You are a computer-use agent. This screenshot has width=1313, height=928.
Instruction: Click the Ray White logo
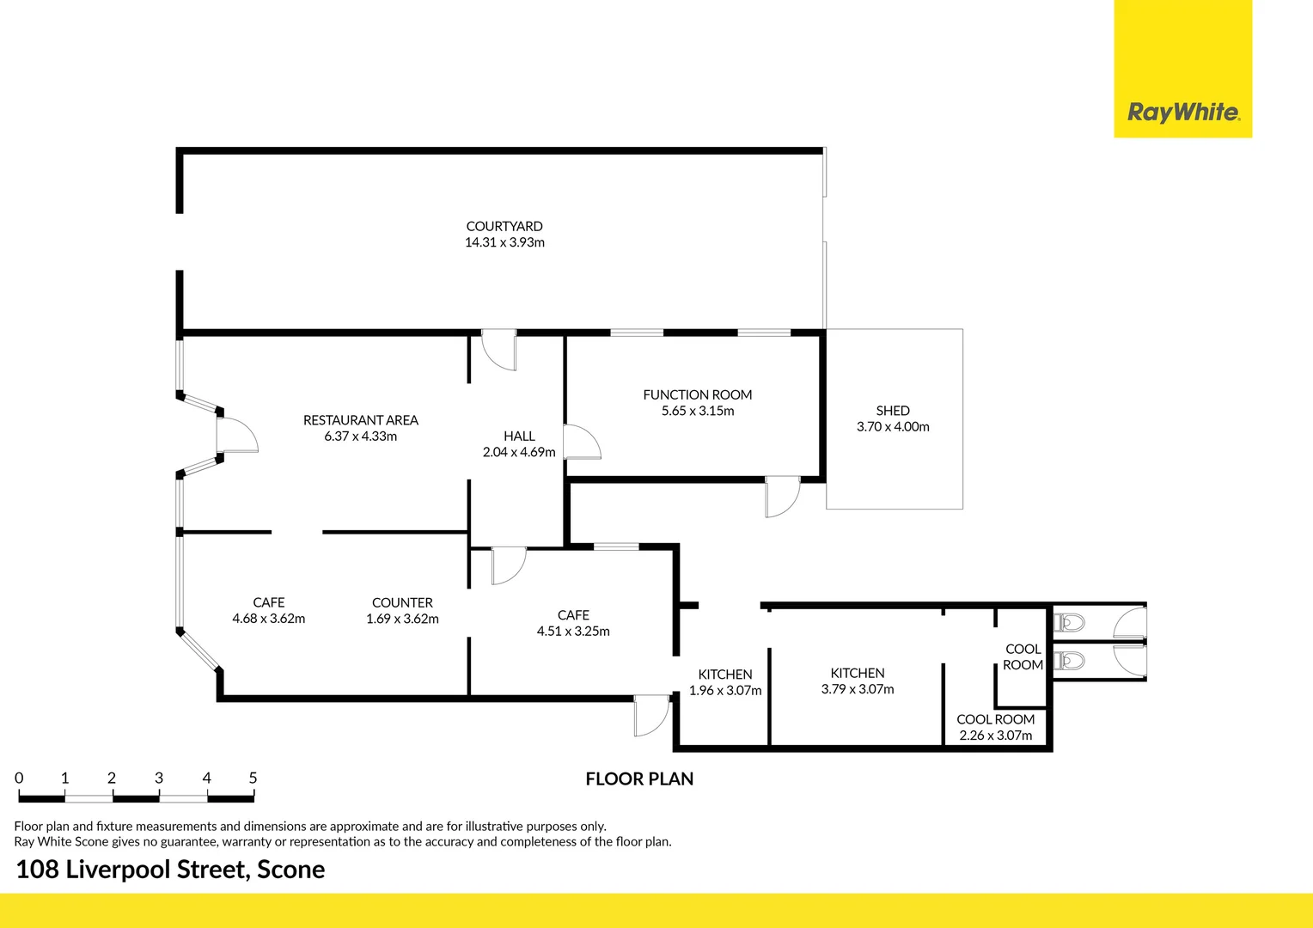point(1182,112)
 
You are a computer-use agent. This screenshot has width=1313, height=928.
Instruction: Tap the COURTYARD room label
point(504,227)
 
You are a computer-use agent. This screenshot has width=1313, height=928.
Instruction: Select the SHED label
point(893,411)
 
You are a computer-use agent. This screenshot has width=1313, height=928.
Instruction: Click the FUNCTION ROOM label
point(697,395)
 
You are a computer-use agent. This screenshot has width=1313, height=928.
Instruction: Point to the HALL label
point(519,437)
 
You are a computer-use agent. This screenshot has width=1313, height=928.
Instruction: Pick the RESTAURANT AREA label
point(360,420)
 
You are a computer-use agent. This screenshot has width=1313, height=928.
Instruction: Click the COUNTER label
point(402,603)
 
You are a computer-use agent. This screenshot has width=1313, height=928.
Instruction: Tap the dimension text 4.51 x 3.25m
point(573,632)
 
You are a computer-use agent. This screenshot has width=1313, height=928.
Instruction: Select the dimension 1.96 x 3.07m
point(725,691)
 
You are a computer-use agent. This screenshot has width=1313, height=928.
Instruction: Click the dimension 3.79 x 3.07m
point(858,689)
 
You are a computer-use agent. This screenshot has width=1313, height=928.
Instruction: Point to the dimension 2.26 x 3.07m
point(996,736)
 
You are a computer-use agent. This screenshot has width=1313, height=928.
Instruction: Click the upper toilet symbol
point(1071,621)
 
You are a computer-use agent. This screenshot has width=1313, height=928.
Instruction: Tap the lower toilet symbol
point(1071,661)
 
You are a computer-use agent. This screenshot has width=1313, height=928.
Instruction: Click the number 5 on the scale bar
point(253,778)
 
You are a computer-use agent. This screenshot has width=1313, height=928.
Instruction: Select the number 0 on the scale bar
point(20,778)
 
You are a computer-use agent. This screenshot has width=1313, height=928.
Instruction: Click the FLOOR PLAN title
point(639,779)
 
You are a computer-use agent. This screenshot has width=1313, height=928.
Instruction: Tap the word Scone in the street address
point(290,870)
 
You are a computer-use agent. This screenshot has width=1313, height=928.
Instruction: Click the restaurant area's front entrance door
point(235,436)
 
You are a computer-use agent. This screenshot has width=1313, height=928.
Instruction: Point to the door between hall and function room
point(582,442)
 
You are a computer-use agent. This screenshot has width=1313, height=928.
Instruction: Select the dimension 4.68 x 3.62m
point(268,619)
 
